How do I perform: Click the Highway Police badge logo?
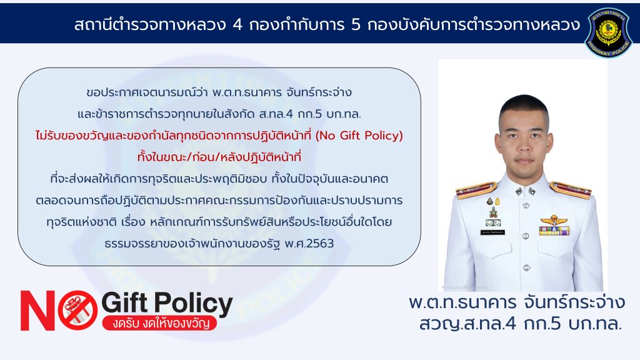coord(608,32)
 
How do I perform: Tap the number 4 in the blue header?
coord(237,25)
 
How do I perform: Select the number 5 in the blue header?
coord(356,25)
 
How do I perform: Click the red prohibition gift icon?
coord(77,310)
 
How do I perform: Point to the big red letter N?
coord(37,310)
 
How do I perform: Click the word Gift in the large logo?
coord(124,303)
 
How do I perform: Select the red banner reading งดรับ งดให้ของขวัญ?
coord(159,322)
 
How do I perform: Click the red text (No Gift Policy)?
coord(359,136)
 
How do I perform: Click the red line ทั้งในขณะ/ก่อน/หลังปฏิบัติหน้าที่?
coord(219,157)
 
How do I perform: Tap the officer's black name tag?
coord(492,232)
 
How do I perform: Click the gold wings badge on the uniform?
coord(554,221)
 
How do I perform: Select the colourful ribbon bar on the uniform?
coord(554,231)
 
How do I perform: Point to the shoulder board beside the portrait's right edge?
coord(571,190)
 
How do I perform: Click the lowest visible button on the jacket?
coord(526,268)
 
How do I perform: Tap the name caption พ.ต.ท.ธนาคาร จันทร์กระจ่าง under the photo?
coord(517,302)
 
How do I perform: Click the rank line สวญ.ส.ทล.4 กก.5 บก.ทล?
coord(521,324)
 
